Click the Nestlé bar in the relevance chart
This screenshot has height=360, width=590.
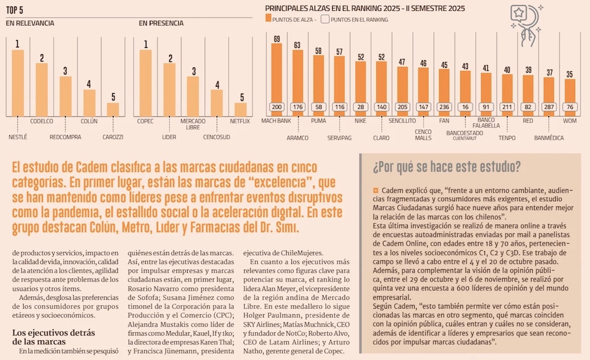coord(18,83)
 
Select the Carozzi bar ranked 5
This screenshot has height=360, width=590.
coord(113,109)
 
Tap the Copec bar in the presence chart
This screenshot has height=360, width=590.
coord(145,83)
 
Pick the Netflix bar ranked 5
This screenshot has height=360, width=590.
coord(240,109)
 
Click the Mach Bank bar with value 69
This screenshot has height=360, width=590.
coord(277,74)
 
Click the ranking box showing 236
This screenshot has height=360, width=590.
coord(444,107)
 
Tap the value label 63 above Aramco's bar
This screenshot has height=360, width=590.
coord(297,45)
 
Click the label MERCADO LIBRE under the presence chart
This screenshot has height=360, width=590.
coord(193,124)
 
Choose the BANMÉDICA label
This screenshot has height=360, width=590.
coord(549,138)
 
